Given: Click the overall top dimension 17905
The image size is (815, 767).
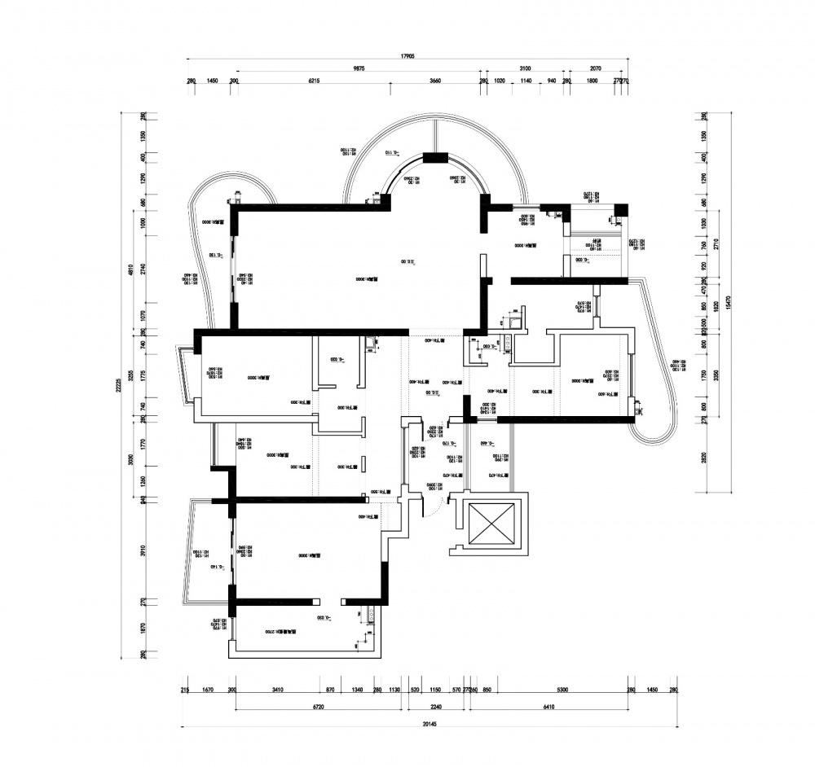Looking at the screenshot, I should click(x=408, y=56).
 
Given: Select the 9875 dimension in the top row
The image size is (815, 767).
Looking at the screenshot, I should click(x=359, y=69).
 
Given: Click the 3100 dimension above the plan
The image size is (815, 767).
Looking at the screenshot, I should click(x=525, y=69).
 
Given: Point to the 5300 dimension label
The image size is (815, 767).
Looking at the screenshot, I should click(x=562, y=690).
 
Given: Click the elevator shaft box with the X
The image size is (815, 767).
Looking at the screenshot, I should click(x=489, y=524).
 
